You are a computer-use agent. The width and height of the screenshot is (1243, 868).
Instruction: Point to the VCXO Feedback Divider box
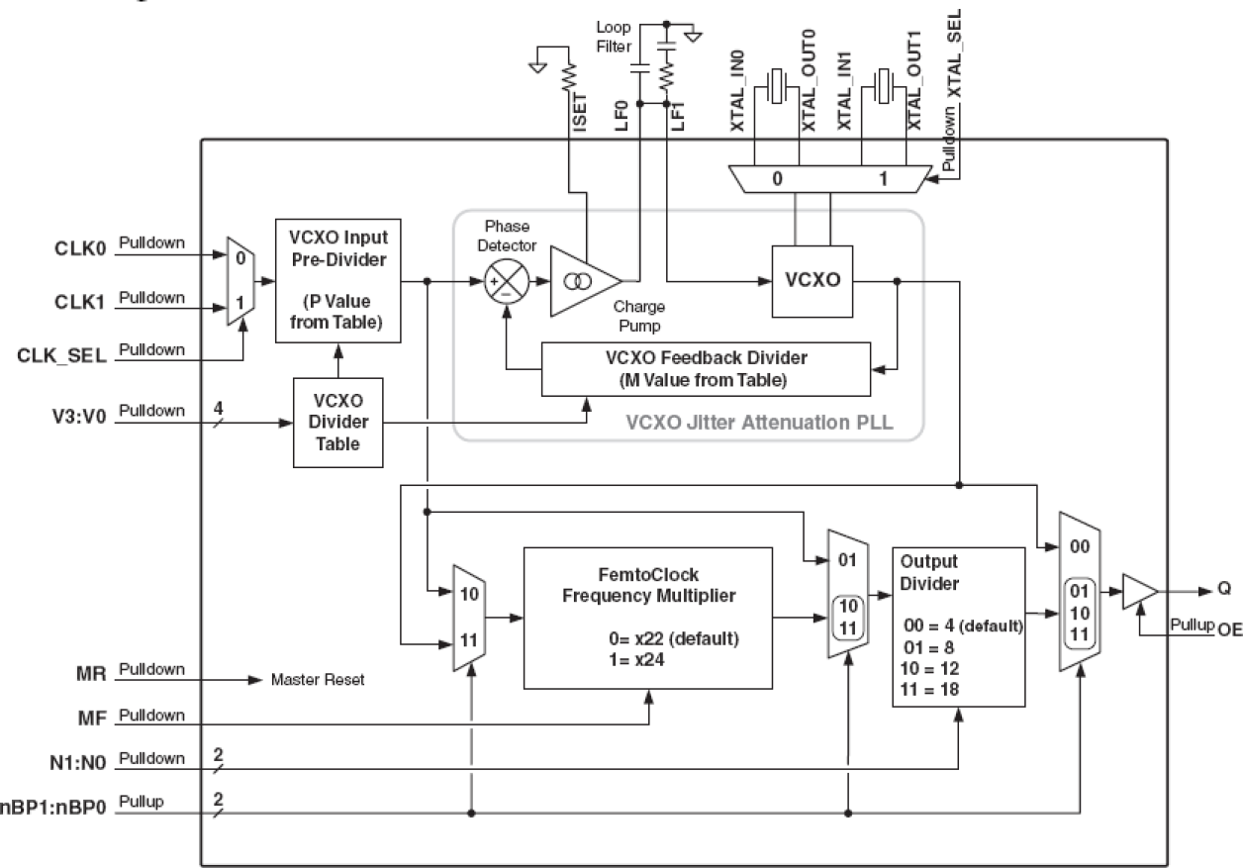pyautogui.click(x=704, y=368)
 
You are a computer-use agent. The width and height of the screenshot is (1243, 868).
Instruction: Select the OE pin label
pyautogui.click(x=1227, y=629)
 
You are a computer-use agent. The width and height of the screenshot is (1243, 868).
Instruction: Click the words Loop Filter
pyautogui.click(x=614, y=37)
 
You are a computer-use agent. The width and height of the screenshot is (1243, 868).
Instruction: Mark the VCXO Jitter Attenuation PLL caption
pyautogui.click(x=759, y=423)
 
